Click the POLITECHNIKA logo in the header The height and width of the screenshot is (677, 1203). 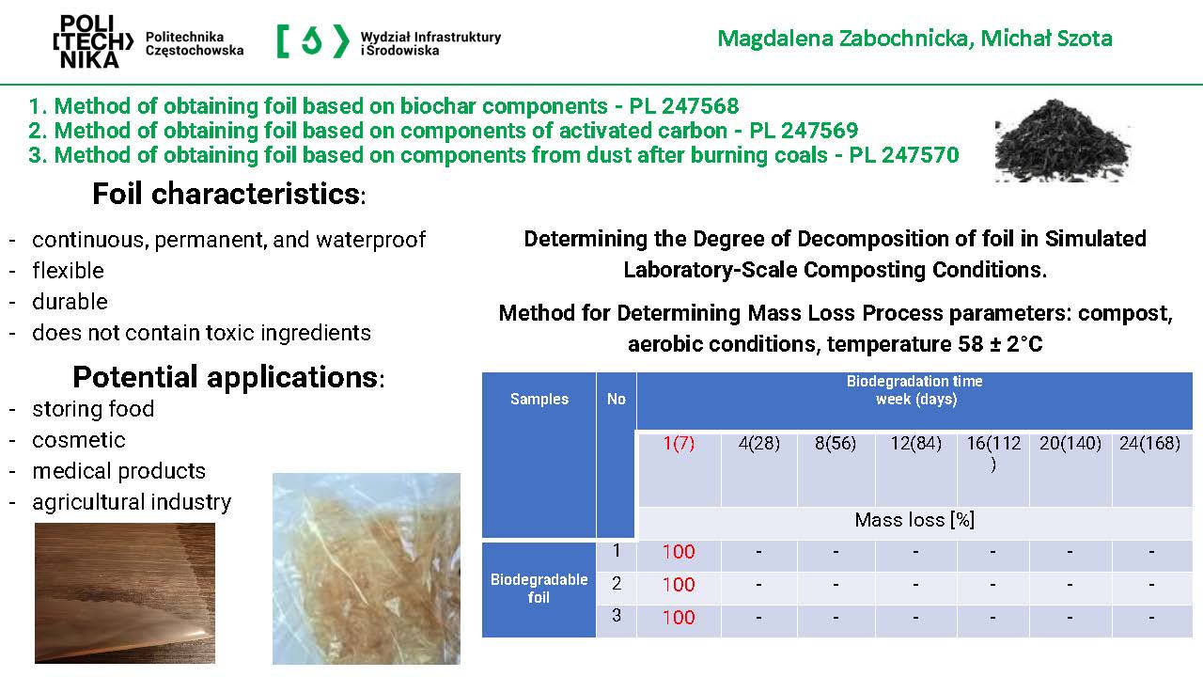click(93, 42)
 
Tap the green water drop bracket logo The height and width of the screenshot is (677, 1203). click(313, 40)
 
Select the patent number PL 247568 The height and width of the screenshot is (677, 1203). click(683, 106)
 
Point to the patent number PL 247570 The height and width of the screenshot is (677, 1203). click(904, 155)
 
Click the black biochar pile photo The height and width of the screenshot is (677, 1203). click(1063, 141)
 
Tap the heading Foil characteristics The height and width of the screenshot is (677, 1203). click(228, 194)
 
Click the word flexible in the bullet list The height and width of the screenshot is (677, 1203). click(69, 271)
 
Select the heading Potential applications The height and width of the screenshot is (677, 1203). click(228, 377)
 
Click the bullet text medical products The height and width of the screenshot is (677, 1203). click(118, 471)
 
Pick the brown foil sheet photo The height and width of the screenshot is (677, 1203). click(125, 593)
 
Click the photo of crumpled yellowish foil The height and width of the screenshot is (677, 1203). click(367, 569)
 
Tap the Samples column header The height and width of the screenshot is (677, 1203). click(539, 400)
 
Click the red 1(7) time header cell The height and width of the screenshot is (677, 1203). click(679, 444)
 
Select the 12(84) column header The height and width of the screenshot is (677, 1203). click(916, 444)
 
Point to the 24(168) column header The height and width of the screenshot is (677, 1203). click(1149, 444)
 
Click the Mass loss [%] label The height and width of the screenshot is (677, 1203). click(914, 520)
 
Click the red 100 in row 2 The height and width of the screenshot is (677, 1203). click(679, 585)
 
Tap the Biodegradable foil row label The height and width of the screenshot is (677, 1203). click(539, 589)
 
